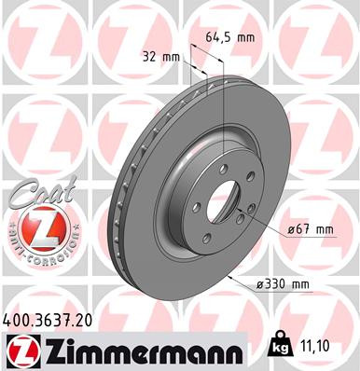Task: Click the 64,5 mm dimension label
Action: (229, 38)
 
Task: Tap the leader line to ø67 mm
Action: (266, 224)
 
